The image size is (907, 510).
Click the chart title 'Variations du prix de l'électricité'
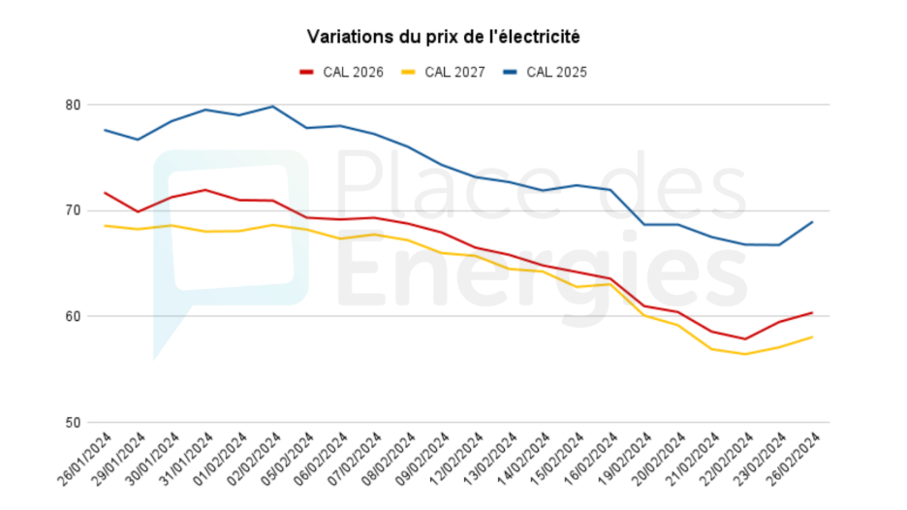[443, 37]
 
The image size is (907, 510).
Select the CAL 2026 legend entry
[342, 72]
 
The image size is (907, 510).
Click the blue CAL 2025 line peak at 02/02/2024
[272, 107]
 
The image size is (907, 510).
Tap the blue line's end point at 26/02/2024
[811, 222]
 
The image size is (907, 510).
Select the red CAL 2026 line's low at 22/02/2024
[744, 339]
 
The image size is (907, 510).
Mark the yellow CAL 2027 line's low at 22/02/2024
[744, 354]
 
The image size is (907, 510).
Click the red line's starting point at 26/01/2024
[105, 193]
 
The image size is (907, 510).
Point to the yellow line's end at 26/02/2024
[811, 337]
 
